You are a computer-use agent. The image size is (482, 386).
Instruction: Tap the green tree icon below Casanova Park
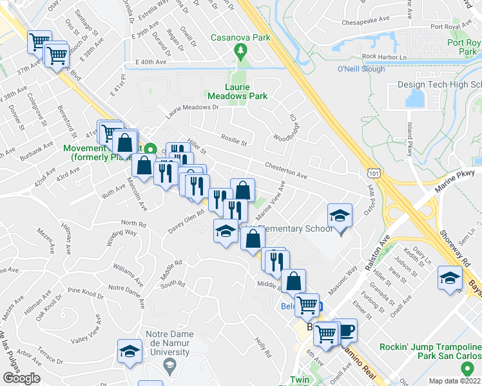(242, 50)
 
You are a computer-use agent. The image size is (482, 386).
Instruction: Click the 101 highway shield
(373, 172)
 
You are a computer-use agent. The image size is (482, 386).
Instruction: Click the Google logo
(21, 378)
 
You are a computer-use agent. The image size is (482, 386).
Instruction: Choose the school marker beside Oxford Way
(340, 216)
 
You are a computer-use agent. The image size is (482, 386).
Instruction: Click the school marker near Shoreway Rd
(449, 277)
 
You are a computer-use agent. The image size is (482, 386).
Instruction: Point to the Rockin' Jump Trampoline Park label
(430, 351)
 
